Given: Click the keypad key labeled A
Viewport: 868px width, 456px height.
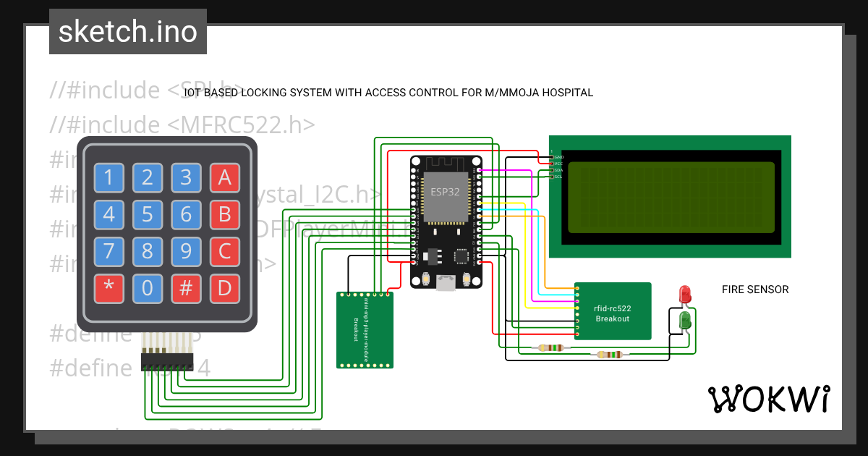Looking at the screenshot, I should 224,177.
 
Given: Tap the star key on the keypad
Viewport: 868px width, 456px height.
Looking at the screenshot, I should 109,288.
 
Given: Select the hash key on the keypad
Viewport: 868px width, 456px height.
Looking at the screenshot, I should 186,288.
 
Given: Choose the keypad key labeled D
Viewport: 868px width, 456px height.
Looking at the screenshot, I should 224,288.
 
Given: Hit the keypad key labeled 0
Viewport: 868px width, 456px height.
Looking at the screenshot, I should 148,288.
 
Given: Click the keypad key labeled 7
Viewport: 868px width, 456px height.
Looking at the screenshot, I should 109,251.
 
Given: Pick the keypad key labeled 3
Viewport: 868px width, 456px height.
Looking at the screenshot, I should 186,177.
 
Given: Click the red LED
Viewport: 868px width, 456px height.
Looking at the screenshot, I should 685,295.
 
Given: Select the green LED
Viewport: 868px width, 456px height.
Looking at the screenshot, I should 685,319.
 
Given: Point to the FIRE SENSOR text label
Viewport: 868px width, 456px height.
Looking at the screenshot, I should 755,290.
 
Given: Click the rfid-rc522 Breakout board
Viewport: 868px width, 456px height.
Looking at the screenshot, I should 613,311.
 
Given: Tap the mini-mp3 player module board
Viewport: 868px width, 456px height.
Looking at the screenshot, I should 365,330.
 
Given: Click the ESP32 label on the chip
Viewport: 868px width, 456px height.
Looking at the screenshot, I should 441,193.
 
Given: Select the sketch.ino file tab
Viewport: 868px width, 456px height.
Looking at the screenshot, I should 128,32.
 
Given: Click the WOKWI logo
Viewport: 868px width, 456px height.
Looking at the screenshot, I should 768,399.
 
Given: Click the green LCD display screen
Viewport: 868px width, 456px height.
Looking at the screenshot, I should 671,197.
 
